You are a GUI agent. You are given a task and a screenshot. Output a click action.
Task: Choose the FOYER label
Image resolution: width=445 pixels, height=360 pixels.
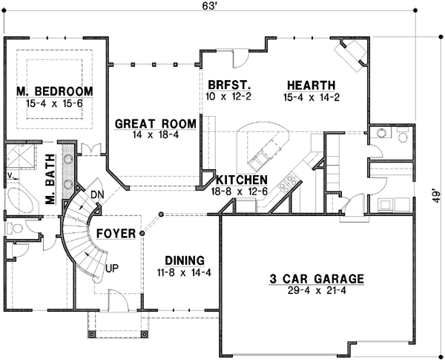pos(116,234)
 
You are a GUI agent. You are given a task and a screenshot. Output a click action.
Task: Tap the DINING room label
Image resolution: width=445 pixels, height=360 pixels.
pos(185,260)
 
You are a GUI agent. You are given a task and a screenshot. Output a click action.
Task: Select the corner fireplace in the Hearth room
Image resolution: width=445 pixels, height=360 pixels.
pos(352,56)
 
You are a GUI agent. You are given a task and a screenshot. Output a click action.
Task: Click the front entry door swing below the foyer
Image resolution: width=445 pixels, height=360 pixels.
pos(119,301)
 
